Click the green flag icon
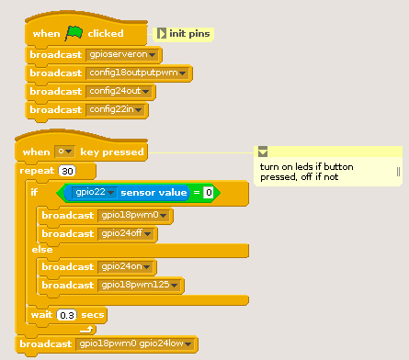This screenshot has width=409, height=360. pyautogui.click(x=74, y=33)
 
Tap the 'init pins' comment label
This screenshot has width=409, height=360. pyautogui.click(x=189, y=34)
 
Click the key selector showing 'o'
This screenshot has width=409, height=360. pyautogui.click(x=64, y=152)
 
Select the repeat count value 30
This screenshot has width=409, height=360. pyautogui.click(x=67, y=171)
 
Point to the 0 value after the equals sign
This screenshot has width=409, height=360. pyautogui.click(x=209, y=193)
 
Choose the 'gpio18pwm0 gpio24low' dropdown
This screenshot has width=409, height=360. pyautogui.click(x=136, y=344)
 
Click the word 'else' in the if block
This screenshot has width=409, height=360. pyautogui.click(x=42, y=250)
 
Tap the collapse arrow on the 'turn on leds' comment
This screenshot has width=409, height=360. pyautogui.click(x=262, y=152)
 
